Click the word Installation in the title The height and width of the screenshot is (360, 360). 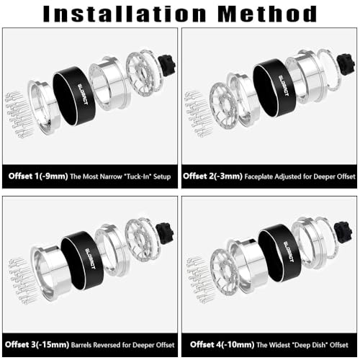click(x=125, y=14)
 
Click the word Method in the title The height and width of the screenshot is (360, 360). click(x=268, y=14)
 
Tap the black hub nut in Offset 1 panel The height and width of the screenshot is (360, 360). click(x=167, y=66)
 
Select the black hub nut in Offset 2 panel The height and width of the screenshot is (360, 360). click(x=346, y=64)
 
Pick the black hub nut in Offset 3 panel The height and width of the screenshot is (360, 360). click(x=165, y=233)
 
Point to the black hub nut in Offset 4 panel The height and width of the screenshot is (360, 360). click(x=343, y=232)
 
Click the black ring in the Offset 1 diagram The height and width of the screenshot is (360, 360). click(x=74, y=96)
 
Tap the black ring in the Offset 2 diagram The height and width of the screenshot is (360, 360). click(x=274, y=88)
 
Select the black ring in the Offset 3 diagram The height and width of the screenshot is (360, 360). click(x=82, y=261)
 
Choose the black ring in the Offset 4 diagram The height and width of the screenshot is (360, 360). click(x=279, y=253)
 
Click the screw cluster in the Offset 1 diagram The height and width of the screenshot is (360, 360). click(x=18, y=114)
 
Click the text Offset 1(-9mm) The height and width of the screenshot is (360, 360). click(x=38, y=176)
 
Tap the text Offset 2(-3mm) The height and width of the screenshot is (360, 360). click(x=212, y=176)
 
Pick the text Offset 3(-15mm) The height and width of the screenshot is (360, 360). click(x=37, y=345)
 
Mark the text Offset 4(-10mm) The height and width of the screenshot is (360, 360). click(x=222, y=345)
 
